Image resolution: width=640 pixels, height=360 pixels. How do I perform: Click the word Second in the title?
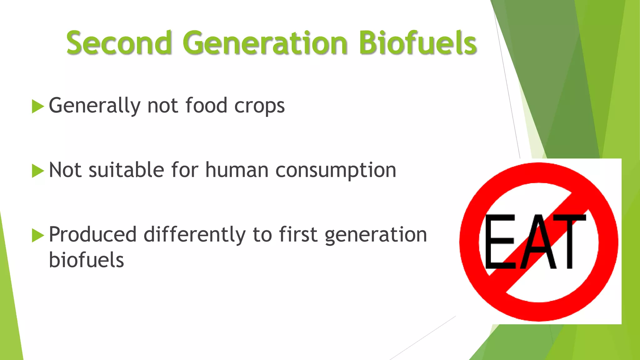click(119, 43)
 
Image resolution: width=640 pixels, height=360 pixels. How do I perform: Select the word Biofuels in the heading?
click(417, 43)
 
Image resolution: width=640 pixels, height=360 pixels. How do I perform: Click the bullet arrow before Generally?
click(37, 107)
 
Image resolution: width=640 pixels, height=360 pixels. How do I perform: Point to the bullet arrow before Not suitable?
click(37, 171)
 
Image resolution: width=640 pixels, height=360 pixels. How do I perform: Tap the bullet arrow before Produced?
click(37, 236)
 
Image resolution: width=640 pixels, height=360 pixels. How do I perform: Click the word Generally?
click(94, 106)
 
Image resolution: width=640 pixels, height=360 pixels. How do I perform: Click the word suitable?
click(126, 170)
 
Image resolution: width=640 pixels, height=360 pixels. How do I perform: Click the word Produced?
click(92, 235)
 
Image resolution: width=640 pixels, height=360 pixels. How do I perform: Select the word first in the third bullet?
click(298, 235)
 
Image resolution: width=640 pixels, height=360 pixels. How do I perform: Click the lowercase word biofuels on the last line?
click(86, 260)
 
